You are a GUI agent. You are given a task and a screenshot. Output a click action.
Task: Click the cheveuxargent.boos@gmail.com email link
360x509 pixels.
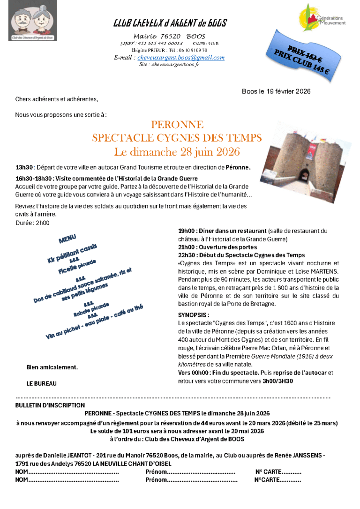click(180, 57)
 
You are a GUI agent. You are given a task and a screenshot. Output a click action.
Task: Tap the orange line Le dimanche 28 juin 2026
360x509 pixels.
click(177, 152)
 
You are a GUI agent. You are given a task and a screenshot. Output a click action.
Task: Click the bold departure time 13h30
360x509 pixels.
click(24, 167)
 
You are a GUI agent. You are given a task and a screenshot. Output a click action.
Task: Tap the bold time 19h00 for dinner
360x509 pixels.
click(187, 231)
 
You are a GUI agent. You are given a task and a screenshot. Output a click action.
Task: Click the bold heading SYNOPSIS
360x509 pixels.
click(194, 315)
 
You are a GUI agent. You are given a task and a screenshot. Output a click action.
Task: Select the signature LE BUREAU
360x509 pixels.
click(41, 383)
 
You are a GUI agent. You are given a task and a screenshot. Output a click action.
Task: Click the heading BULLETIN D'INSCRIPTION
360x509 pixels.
click(50, 405)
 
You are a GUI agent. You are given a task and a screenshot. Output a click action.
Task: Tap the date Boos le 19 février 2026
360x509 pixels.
click(276, 91)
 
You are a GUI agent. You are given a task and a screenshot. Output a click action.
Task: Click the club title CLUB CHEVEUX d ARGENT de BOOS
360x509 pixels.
click(170, 23)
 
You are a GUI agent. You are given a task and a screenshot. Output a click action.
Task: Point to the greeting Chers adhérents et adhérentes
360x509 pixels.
click(57, 99)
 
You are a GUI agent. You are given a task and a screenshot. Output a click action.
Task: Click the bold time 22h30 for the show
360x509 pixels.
click(187, 255)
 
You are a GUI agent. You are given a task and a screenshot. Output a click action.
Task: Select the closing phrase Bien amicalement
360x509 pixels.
click(52, 367)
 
